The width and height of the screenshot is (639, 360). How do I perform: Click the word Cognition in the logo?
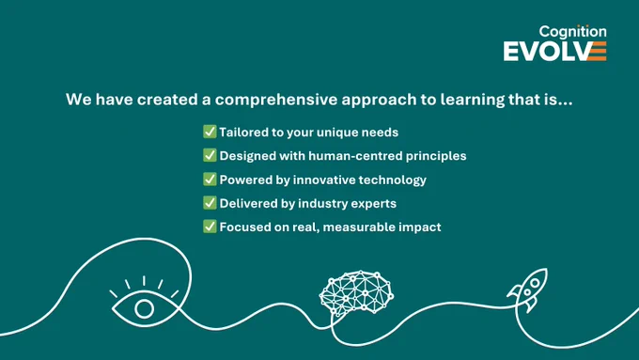572,32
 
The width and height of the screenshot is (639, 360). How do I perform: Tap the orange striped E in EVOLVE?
598,52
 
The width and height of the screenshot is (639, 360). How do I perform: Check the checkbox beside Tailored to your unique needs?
210,132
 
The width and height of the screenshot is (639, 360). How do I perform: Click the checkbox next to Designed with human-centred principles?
210,155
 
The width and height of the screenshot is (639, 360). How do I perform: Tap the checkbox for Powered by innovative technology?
210,179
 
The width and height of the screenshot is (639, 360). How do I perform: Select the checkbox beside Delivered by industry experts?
210,203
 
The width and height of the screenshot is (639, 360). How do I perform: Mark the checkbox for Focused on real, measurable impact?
210,227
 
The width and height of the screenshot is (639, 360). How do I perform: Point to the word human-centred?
355,156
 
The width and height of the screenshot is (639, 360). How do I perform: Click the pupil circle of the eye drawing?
145,308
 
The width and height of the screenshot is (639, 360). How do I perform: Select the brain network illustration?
356,292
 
